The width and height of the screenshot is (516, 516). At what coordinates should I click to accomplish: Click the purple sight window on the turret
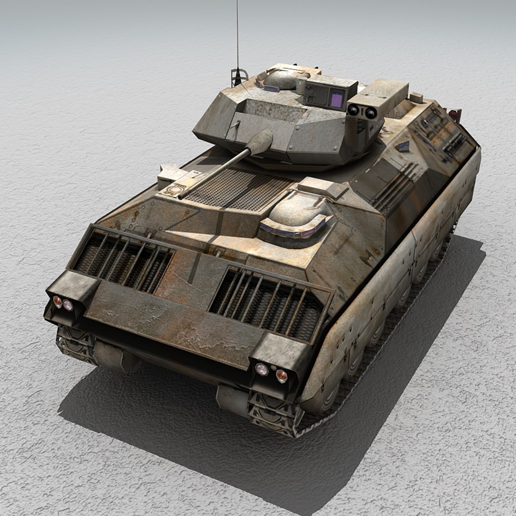pos(337,99)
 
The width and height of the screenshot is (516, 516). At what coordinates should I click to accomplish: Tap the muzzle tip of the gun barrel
pos(181,195)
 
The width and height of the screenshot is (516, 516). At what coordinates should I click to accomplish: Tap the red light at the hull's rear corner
pos(452,114)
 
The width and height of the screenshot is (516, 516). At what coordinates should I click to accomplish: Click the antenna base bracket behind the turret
pos(238,76)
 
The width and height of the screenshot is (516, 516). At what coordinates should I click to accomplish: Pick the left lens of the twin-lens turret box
pos(354,110)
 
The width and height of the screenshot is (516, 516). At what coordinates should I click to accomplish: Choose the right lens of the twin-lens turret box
pos(371,113)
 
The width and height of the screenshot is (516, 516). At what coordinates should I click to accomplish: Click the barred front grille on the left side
pos(123,259)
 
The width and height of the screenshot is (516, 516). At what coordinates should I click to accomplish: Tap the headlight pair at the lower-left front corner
pos(63,303)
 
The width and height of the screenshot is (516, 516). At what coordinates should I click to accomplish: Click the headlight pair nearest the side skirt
pos(271,372)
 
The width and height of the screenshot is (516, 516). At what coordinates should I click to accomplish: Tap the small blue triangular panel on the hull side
pos(404,146)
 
